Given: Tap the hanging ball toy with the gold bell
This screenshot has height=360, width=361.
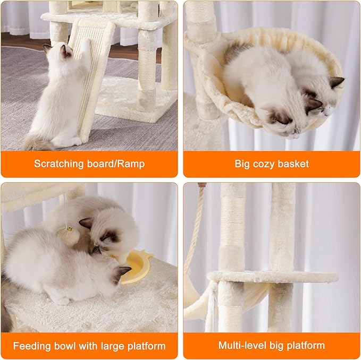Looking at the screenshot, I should (x=69, y=233).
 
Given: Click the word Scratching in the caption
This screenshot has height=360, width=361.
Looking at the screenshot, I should (x=58, y=164).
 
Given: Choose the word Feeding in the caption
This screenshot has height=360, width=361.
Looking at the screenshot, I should (x=32, y=346).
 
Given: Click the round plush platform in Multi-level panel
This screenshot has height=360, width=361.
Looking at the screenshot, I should (x=272, y=277).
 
